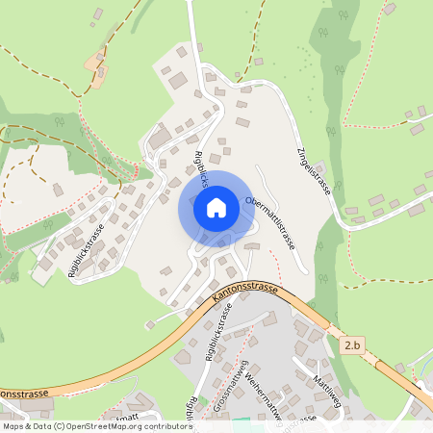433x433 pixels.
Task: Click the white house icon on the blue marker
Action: (x=216, y=207)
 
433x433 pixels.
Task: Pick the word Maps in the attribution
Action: (x=14, y=425)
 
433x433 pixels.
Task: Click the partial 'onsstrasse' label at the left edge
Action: (x=19, y=394)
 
